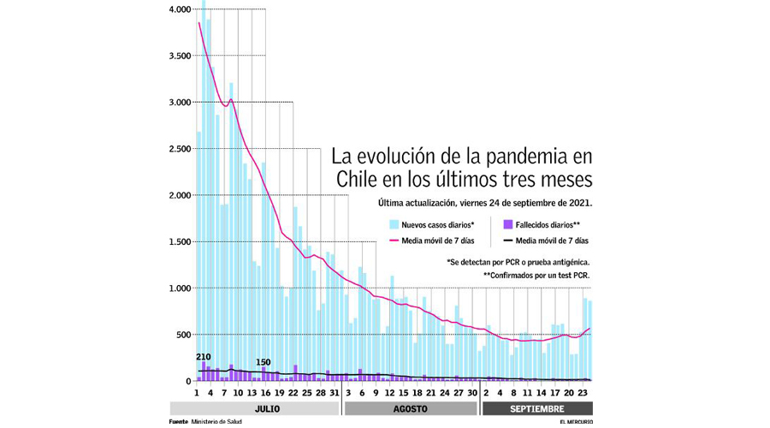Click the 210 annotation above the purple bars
click(x=203, y=357)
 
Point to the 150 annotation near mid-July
click(x=264, y=362)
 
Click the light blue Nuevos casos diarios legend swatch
click(x=394, y=224)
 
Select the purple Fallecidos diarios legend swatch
click(x=507, y=224)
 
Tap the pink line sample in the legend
click(x=394, y=241)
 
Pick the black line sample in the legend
click(x=507, y=241)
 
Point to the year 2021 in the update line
click(x=579, y=204)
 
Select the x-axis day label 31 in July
click(x=335, y=393)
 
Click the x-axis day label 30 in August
click(x=471, y=393)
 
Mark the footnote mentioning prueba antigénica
click(x=518, y=261)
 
